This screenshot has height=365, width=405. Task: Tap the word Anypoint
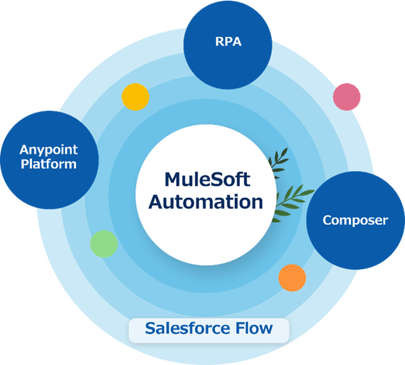49,150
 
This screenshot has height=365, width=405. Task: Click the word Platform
49,164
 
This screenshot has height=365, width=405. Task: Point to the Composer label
355,220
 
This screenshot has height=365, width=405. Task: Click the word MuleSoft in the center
206,180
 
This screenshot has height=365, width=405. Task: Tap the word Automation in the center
206,202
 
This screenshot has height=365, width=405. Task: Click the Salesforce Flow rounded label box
209,329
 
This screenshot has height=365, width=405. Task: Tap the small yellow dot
135,97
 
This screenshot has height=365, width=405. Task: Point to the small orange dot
292,277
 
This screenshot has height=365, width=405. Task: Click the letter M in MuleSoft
173,180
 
